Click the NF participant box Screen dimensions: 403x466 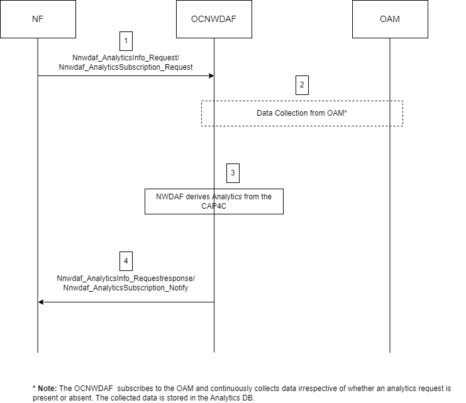(38, 19)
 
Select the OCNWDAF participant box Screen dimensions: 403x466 (214, 19)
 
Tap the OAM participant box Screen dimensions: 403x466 (390, 19)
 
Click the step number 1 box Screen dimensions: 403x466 (126, 41)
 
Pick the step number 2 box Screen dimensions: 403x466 (302, 85)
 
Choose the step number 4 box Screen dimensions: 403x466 (126, 260)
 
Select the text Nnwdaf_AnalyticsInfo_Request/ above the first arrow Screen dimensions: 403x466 (126, 57)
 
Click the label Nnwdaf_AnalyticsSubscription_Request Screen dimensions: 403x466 (126, 66)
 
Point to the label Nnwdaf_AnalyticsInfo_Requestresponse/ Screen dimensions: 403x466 (126, 278)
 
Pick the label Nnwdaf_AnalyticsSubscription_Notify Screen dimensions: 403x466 (126, 287)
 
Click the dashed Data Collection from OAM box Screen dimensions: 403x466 (302, 114)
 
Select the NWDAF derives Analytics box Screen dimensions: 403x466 (214, 201)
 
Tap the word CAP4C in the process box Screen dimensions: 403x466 (214, 206)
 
